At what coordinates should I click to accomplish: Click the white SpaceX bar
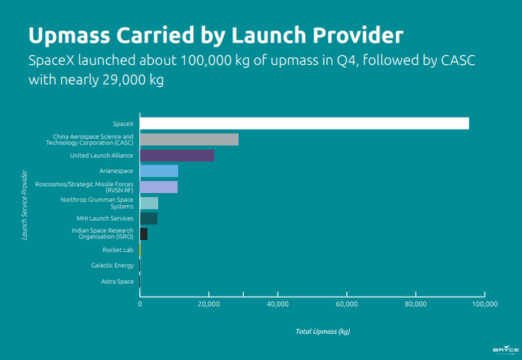point(304,124)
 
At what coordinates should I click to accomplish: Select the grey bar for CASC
point(189,139)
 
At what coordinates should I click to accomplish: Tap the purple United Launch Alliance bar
point(177,155)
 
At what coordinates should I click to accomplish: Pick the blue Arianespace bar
point(159,171)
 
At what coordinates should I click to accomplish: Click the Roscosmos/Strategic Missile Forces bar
point(159,187)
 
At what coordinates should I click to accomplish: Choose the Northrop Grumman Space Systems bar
point(149,203)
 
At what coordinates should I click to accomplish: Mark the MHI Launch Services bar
point(148,218)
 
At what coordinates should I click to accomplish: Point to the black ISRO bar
point(144,234)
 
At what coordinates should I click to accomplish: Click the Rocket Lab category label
point(117,250)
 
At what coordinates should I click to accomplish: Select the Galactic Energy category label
point(112,265)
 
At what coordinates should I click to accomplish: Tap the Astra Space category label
point(117,281)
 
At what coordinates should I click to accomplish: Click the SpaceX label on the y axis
point(122,124)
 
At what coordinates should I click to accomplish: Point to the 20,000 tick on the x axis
point(209,304)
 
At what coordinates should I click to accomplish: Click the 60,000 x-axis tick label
point(347,304)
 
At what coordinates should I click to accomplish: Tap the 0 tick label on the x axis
point(139,304)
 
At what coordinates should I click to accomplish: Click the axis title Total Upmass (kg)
point(323,330)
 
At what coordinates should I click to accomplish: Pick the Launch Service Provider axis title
point(25,203)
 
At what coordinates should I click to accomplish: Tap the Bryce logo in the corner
point(505,349)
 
